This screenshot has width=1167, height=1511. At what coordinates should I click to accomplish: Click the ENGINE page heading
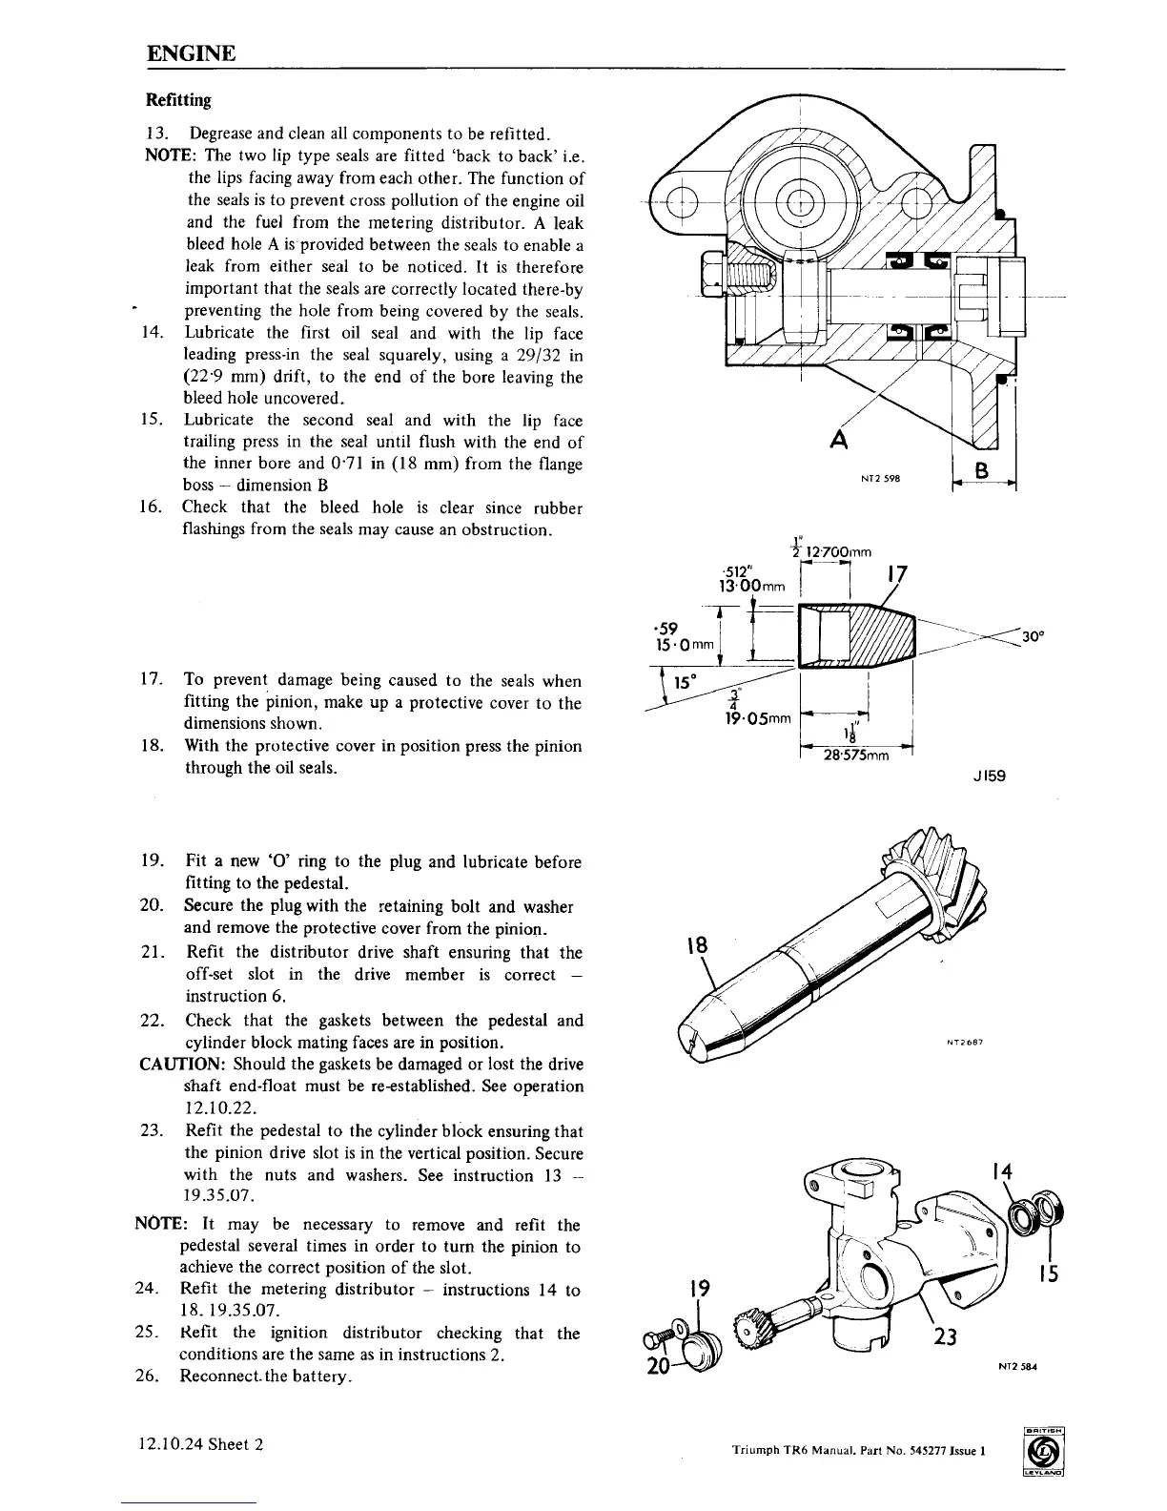click(191, 52)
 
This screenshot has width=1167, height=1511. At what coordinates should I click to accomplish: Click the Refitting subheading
click(178, 100)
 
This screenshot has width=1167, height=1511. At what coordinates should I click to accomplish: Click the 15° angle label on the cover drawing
click(686, 683)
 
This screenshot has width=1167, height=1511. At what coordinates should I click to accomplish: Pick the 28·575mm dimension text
click(856, 755)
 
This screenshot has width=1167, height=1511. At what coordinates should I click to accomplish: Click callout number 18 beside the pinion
click(697, 945)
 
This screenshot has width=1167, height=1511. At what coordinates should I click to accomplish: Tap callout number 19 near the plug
click(697, 1290)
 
